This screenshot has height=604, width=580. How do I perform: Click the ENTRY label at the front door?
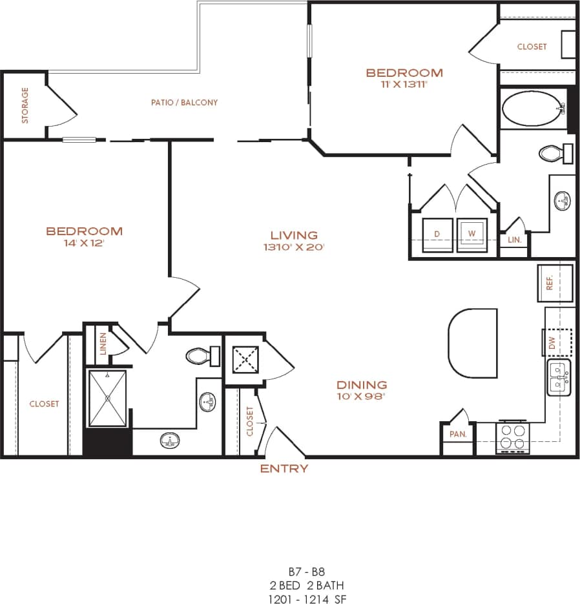(284, 469)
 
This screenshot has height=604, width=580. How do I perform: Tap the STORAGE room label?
(25, 105)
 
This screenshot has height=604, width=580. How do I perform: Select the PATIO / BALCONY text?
(184, 102)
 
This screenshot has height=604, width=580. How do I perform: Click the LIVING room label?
(294, 235)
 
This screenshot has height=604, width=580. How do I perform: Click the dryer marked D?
(437, 234)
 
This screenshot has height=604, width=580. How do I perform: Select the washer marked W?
(471, 234)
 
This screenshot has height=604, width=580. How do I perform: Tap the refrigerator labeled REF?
(554, 283)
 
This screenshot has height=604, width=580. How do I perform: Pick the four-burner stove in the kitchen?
(513, 437)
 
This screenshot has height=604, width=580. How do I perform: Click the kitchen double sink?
(559, 379)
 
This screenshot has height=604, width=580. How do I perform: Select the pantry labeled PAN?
(458, 434)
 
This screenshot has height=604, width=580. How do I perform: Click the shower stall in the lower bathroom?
(107, 399)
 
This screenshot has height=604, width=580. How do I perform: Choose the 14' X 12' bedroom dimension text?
(84, 244)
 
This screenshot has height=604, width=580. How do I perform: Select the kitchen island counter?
(473, 343)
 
